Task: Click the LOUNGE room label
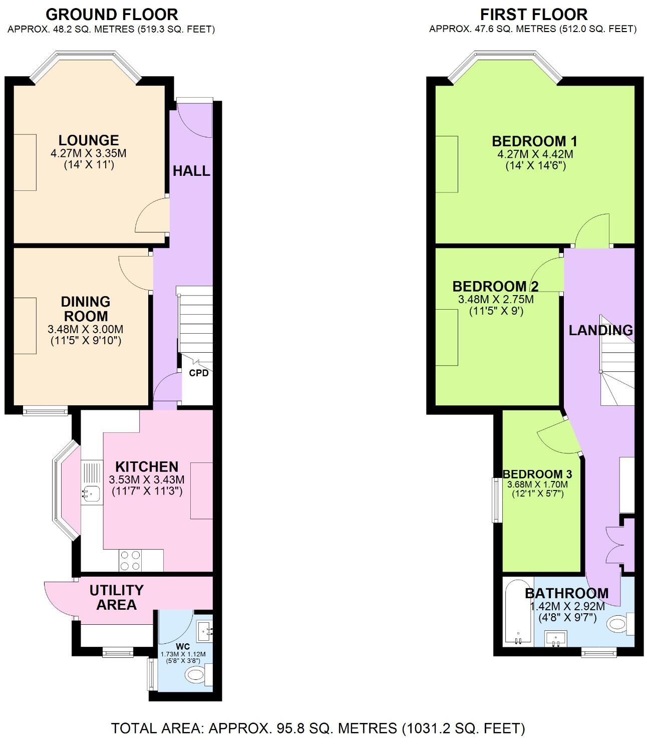(x=89, y=140)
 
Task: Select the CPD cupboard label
(x=198, y=373)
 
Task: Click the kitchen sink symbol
(x=91, y=493)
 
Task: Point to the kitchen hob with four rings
(x=130, y=560)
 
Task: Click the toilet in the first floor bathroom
(x=618, y=624)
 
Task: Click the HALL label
(x=191, y=171)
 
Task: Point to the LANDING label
(x=600, y=330)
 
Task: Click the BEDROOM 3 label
(x=537, y=474)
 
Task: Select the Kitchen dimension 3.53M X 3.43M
(x=147, y=480)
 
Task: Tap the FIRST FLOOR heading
(x=533, y=14)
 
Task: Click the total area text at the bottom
(x=317, y=727)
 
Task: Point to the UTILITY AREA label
(x=116, y=597)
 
